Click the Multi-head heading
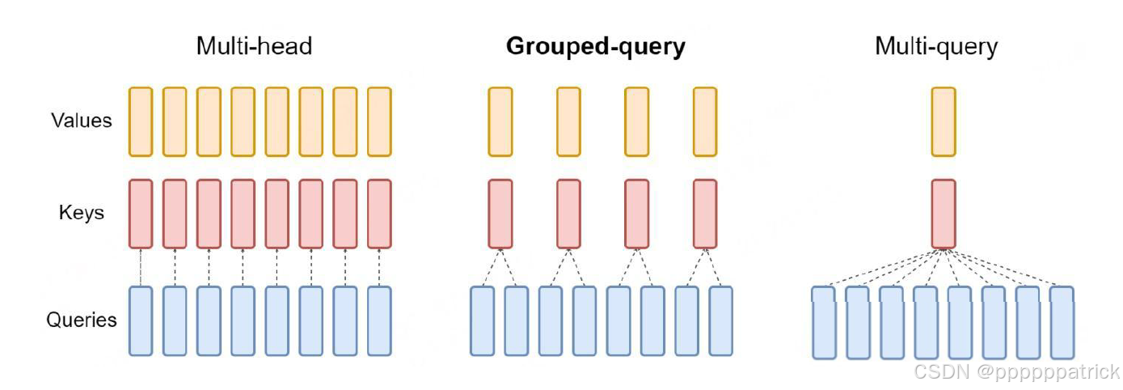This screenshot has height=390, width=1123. click(x=254, y=46)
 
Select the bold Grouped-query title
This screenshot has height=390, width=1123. click(x=595, y=46)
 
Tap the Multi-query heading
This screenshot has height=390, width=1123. click(x=936, y=46)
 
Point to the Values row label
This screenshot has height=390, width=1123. click(x=82, y=121)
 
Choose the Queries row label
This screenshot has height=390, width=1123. click(x=82, y=320)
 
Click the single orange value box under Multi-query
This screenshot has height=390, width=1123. click(x=943, y=121)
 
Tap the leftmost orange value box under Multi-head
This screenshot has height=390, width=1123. click(x=141, y=121)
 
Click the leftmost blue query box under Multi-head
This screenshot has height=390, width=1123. click(x=141, y=320)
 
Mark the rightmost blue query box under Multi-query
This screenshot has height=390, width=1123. click(x=1062, y=322)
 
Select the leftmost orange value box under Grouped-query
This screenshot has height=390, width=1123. click(x=500, y=121)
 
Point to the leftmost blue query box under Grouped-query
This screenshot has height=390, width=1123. click(x=483, y=320)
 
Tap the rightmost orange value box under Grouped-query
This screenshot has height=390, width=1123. click(x=704, y=121)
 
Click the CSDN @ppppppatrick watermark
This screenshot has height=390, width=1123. click(x=1016, y=371)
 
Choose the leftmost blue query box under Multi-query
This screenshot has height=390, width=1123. click(x=824, y=322)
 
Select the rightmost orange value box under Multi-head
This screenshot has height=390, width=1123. click(x=379, y=121)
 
